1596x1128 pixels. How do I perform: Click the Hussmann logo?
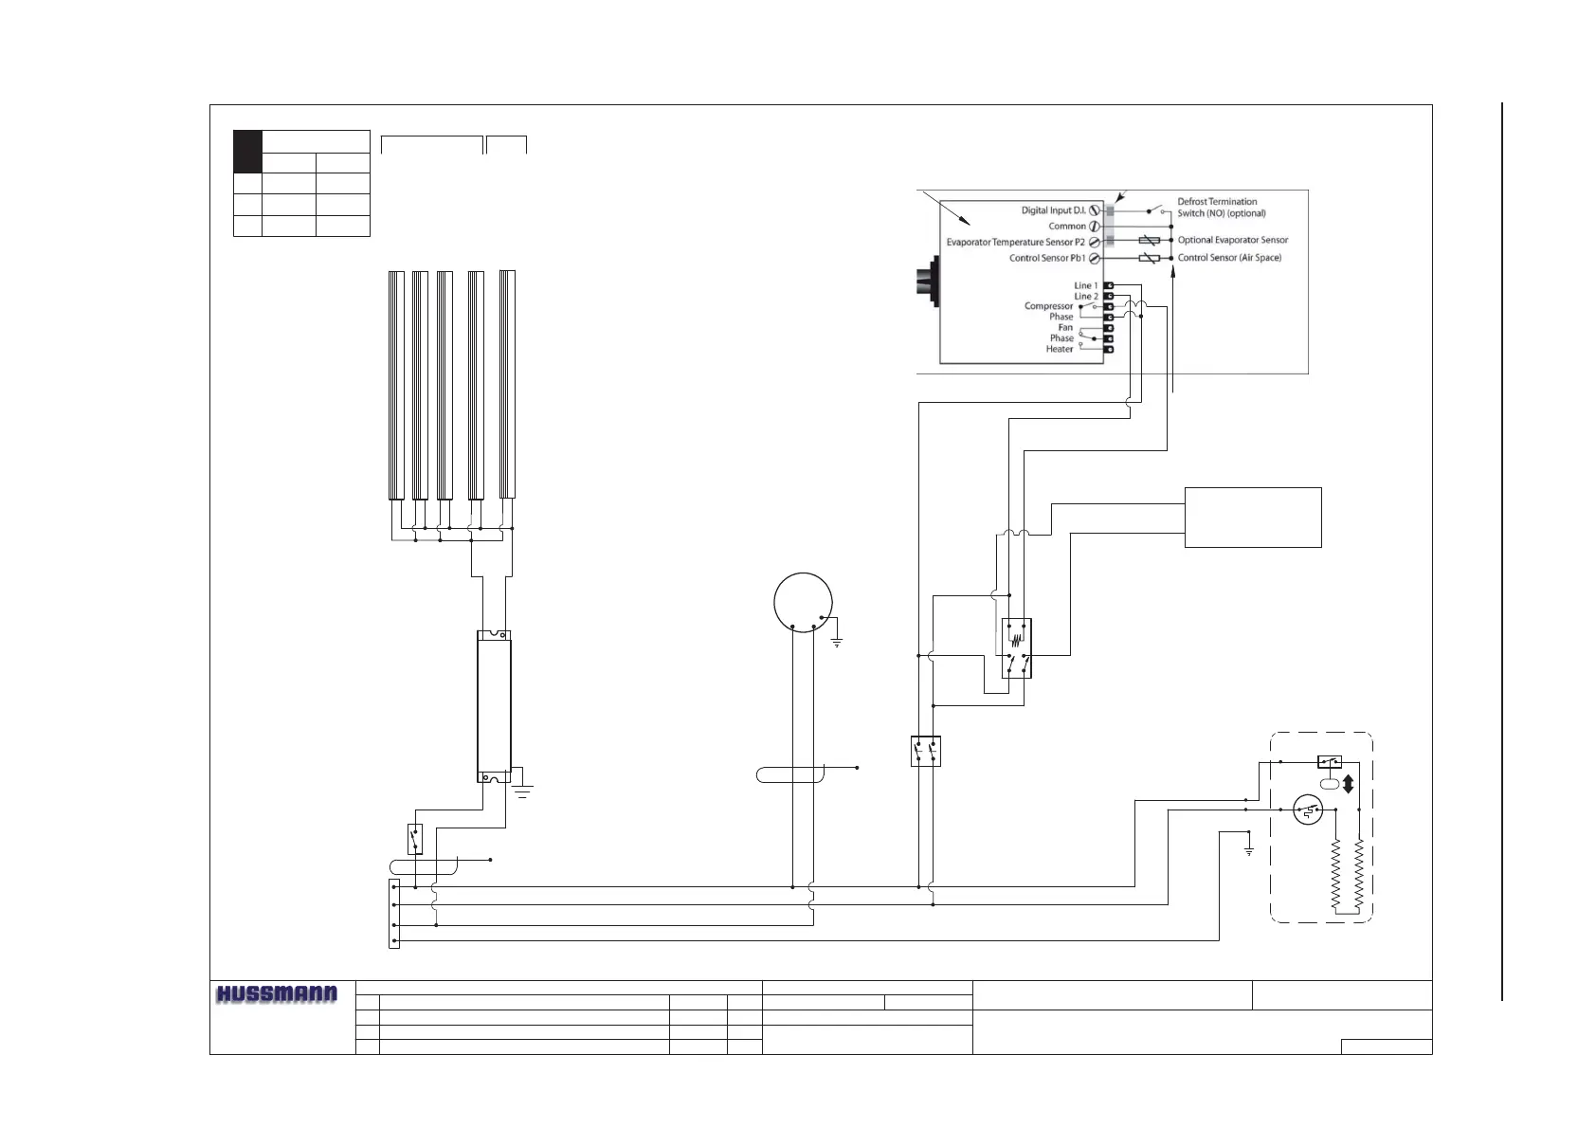276,994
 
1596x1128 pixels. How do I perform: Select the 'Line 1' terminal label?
1085,285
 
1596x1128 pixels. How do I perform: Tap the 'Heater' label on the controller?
1060,349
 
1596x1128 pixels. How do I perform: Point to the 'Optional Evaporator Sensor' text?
1232,241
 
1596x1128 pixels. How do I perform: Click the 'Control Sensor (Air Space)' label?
1228,258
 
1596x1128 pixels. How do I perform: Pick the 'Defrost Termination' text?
1217,201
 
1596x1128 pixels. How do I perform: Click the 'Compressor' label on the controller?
1048,306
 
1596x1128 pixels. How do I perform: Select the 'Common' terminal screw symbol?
1095,227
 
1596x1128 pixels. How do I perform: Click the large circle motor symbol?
803,601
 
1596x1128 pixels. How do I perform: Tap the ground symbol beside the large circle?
837,644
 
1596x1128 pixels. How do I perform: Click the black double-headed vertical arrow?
1348,785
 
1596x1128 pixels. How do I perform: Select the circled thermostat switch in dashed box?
1309,811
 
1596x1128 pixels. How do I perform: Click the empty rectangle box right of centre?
1253,518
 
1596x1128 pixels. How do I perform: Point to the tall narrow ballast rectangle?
494,707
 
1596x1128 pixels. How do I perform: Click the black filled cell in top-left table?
247,151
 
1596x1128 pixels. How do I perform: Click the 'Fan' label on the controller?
1065,327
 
